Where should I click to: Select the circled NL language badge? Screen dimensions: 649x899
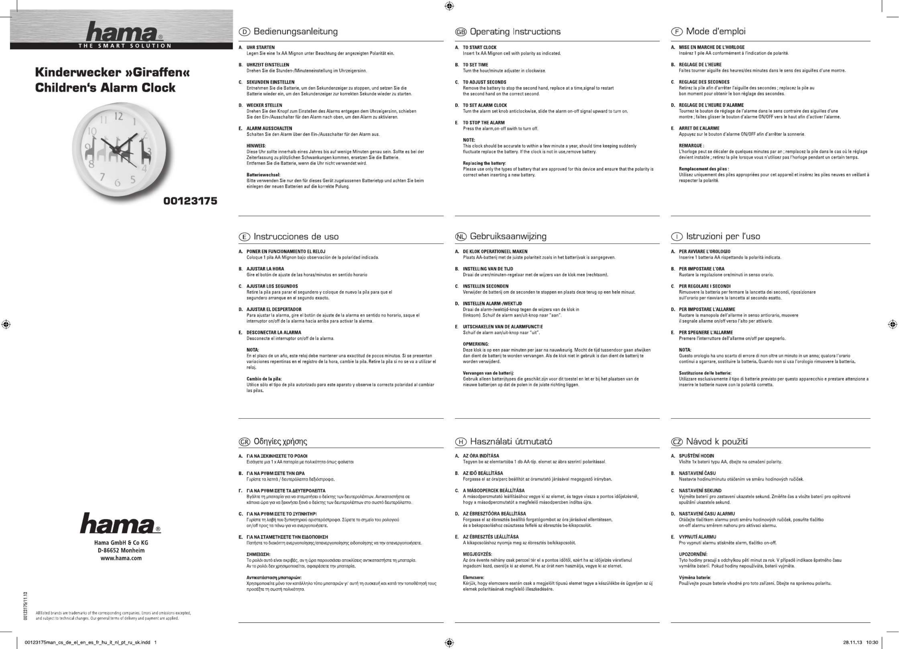click(461, 237)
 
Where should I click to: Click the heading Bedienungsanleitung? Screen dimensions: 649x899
click(295, 32)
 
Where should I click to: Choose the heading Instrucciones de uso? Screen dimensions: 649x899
click(296, 237)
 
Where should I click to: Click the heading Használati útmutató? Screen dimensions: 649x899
click(511, 441)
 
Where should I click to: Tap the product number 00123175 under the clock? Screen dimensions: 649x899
click(190, 201)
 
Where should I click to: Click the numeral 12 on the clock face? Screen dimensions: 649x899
click(119, 116)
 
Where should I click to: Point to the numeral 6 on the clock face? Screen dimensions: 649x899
click(117, 183)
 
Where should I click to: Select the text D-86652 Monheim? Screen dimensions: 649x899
click(121, 550)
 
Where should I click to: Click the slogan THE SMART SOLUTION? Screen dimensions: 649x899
click(124, 45)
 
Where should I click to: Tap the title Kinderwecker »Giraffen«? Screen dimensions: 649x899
click(112, 72)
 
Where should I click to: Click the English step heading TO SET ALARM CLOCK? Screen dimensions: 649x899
click(484, 105)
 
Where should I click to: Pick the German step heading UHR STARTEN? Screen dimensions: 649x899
click(260, 47)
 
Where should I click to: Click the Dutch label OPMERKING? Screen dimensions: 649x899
click(476, 344)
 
